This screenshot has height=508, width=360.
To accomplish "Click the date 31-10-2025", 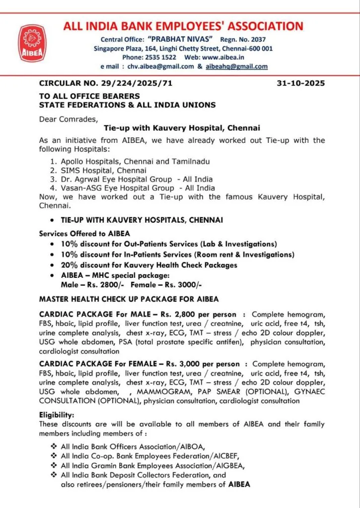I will click(x=300, y=83).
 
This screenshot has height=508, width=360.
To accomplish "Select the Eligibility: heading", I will click(x=57, y=414).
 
